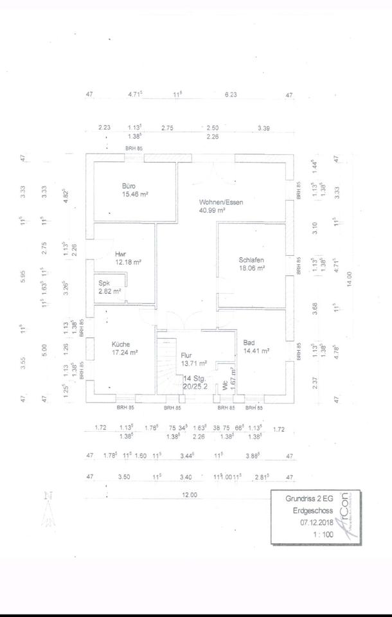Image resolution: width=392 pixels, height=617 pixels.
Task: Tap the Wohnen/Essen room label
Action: pos(220,202)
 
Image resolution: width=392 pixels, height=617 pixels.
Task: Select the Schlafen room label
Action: pos(252,260)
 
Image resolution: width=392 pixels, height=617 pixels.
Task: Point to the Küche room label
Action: pos(120,344)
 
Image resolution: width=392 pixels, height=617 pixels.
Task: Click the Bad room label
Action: pos(249,343)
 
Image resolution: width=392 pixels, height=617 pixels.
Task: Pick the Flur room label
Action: pos(186,354)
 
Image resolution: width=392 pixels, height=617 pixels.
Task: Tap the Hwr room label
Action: pos(121,253)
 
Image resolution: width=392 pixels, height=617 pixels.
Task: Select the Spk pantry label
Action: pos(103,283)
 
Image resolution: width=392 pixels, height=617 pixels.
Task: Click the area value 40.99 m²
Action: pos(211,210)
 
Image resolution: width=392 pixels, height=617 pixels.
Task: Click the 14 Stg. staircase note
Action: pos(192,379)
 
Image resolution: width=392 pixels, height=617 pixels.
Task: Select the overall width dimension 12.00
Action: pos(190,495)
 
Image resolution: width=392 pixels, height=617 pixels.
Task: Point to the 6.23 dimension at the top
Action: pos(231,94)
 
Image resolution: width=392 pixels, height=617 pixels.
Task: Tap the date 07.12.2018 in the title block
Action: pos(314,523)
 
